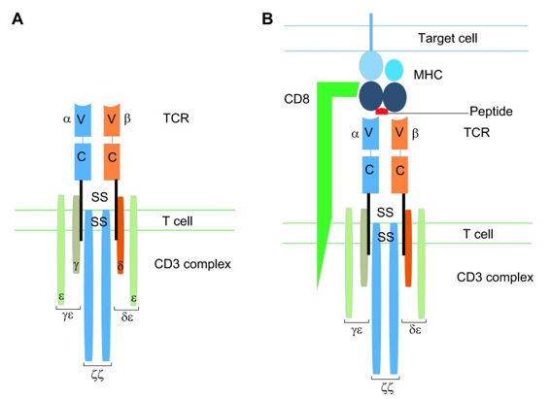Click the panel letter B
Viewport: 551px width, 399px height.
click(267, 17)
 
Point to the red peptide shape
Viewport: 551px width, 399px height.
click(382, 114)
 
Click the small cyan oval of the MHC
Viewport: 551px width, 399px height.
click(395, 70)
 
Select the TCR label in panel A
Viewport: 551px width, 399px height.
click(177, 120)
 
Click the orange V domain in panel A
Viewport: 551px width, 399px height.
click(114, 120)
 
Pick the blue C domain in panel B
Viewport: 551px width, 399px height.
click(369, 171)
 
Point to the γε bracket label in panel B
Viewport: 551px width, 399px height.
click(358, 330)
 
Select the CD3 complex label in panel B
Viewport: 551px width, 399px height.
click(495, 277)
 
